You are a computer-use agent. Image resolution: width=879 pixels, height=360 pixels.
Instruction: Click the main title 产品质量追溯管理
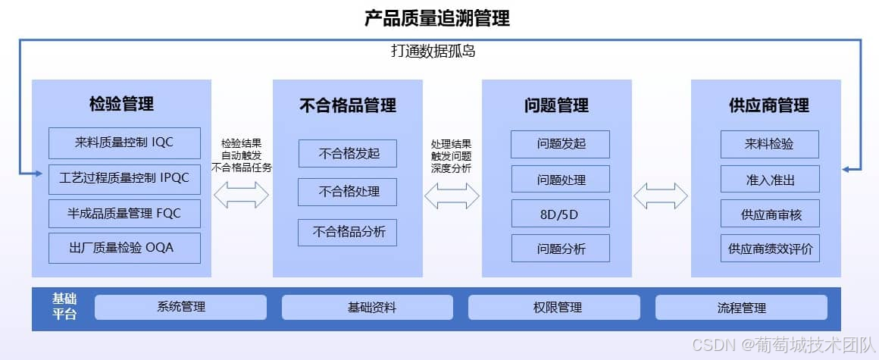[437, 18]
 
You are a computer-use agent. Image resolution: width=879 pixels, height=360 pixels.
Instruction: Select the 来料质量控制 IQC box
[124, 142]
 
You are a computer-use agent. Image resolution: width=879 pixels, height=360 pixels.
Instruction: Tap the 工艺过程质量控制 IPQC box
[124, 179]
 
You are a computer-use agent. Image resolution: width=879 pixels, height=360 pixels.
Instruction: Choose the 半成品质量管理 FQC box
[124, 214]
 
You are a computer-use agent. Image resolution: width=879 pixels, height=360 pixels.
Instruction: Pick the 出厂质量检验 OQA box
[124, 248]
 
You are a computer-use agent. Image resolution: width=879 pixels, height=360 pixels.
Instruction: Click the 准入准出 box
[770, 179]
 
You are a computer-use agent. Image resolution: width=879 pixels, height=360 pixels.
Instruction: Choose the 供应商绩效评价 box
[770, 248]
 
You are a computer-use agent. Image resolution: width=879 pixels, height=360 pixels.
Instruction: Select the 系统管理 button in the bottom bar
[180, 307]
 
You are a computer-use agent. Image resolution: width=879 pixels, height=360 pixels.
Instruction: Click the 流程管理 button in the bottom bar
[741, 307]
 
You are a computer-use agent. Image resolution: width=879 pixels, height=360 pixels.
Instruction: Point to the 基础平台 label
[64, 306]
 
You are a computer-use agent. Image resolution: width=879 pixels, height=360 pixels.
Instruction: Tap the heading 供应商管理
[768, 106]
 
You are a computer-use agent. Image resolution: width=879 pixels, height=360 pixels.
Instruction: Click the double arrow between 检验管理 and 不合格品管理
[242, 196]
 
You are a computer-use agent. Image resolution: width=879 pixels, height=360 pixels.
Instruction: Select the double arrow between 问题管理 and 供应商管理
[661, 196]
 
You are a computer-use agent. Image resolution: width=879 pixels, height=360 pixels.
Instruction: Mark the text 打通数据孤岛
[433, 52]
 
